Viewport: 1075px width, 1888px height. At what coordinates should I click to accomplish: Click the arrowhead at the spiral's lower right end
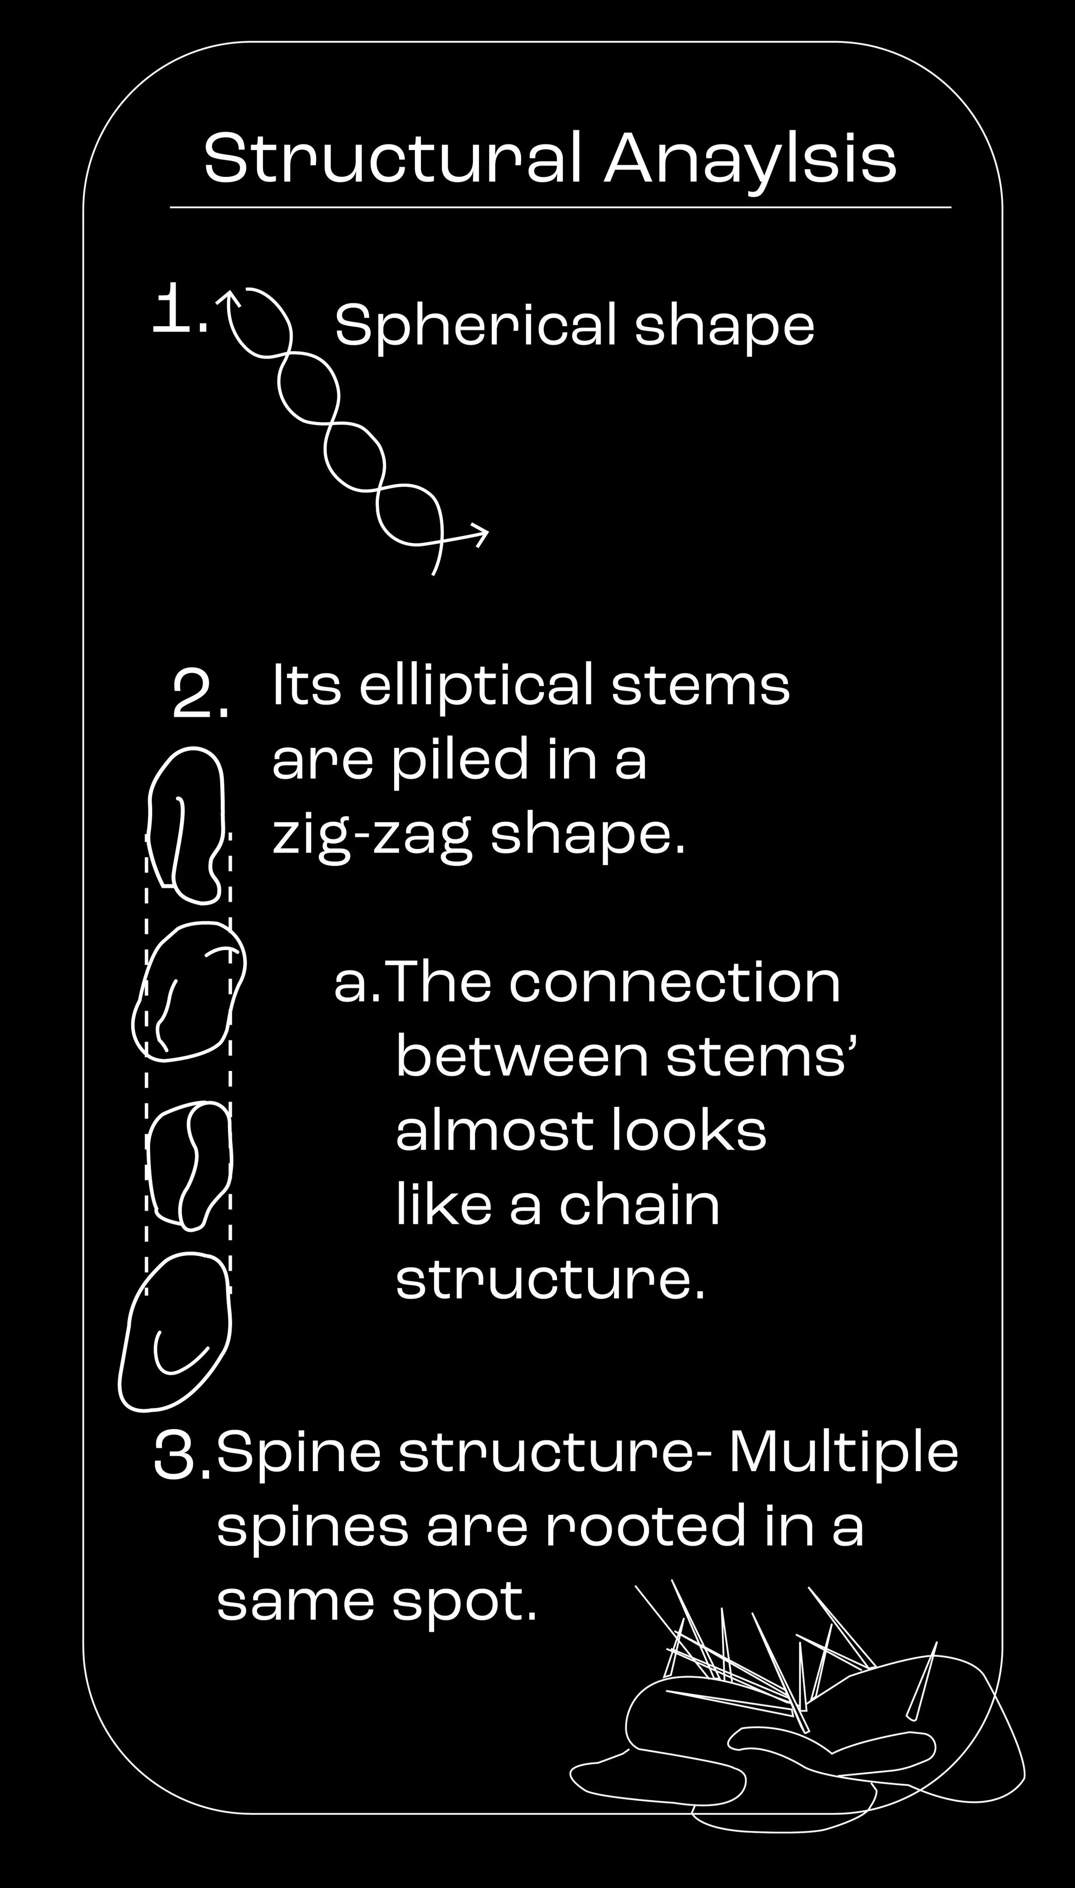click(x=480, y=534)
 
